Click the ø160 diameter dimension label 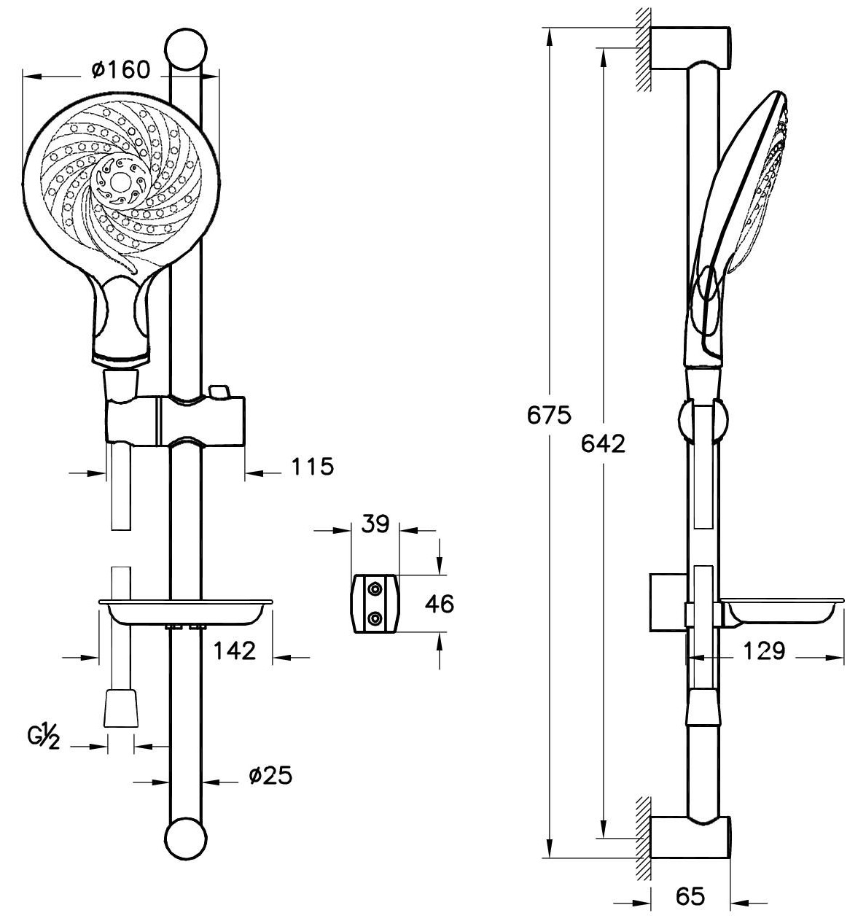click(x=121, y=69)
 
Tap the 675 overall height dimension click(x=550, y=415)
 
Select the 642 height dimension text click(x=603, y=443)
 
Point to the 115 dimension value click(x=312, y=466)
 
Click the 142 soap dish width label click(x=235, y=650)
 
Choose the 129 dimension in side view click(x=763, y=650)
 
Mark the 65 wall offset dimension click(x=690, y=896)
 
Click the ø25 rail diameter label click(x=270, y=775)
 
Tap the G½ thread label click(x=42, y=737)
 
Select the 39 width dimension click(x=376, y=524)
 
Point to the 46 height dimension click(x=439, y=604)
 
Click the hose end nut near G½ click(x=120, y=707)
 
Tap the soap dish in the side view click(x=780, y=611)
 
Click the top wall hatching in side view click(x=642, y=50)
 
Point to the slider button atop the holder click(x=218, y=392)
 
